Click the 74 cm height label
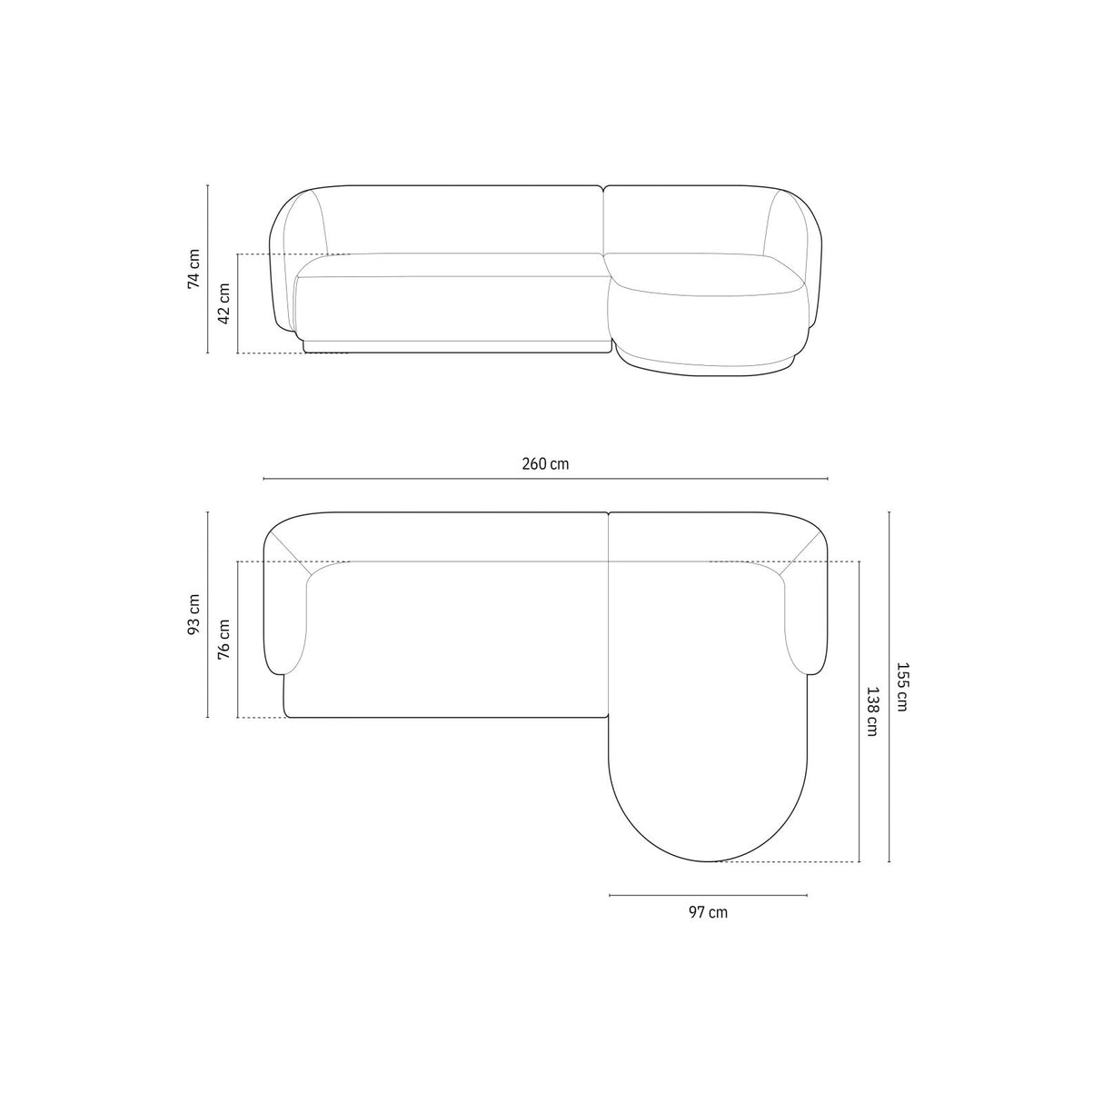[x=194, y=268]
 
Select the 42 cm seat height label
[x=224, y=303]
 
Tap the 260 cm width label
[x=545, y=464]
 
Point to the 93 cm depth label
[x=194, y=615]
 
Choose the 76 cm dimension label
[x=224, y=639]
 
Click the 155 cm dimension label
[x=901, y=686]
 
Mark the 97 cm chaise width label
[x=708, y=912]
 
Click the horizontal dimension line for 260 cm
[x=545, y=479]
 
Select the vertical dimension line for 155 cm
[x=889, y=686]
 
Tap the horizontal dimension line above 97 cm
[x=708, y=896]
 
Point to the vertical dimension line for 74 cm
[x=208, y=269]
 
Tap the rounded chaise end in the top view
[x=708, y=809]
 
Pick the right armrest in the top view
[x=807, y=618]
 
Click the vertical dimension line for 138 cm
[x=859, y=710]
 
